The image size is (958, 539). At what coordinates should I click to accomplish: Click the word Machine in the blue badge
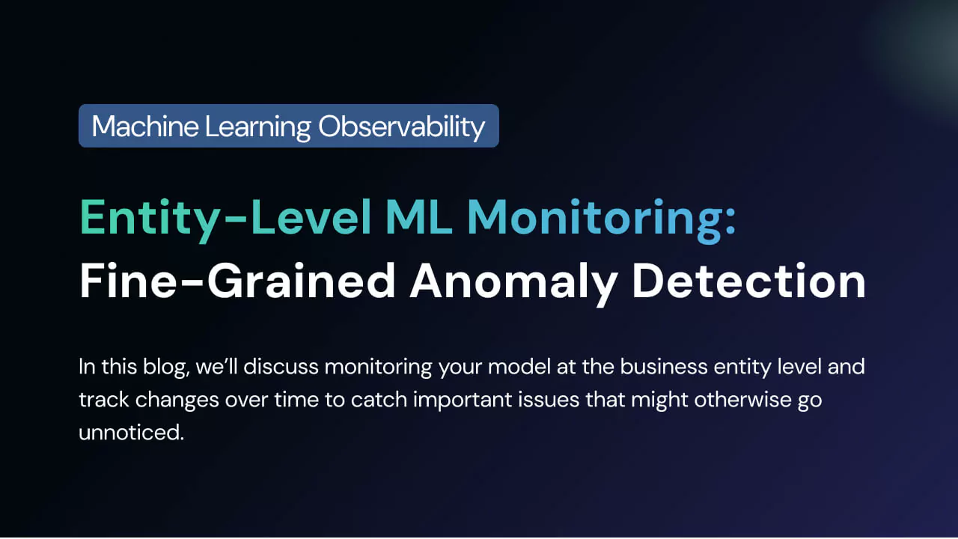[145, 127]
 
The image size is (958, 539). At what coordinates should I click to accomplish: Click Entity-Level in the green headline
[225, 219]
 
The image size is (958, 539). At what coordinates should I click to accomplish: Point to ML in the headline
[418, 217]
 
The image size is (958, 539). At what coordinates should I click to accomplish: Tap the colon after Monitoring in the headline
[729, 222]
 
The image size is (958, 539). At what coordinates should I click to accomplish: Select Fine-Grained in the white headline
[238, 281]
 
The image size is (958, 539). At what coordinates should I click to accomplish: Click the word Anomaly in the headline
[513, 284]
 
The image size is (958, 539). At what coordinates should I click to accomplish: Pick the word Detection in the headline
[749, 281]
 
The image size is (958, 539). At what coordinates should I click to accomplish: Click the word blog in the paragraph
[166, 368]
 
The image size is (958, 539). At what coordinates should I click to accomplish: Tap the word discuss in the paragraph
[281, 367]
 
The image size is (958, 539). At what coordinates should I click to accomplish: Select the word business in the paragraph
[664, 367]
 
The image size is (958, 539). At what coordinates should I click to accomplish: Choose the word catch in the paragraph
[379, 400]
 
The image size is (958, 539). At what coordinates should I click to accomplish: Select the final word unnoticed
[131, 433]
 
